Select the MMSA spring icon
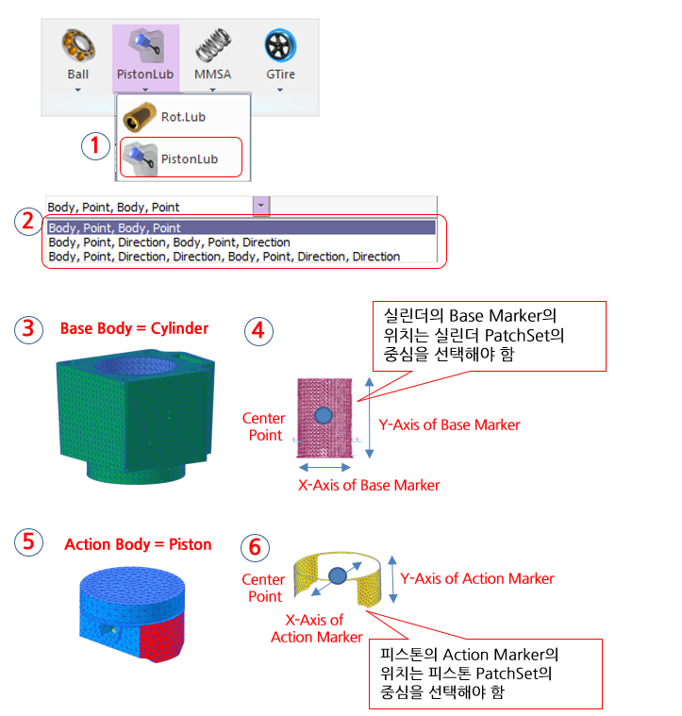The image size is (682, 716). pyautogui.click(x=212, y=46)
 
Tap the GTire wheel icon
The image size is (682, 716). pyautogui.click(x=280, y=46)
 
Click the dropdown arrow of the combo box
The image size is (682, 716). pyautogui.click(x=261, y=206)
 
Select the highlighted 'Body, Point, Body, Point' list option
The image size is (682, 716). pyautogui.click(x=114, y=227)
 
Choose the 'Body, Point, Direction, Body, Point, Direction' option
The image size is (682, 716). pyautogui.click(x=169, y=242)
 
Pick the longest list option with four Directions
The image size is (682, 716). pyautogui.click(x=224, y=256)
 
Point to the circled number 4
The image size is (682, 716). pyautogui.click(x=258, y=332)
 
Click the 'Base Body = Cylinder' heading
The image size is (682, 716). pyautogui.click(x=134, y=329)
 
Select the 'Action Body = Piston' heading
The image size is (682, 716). pyautogui.click(x=138, y=544)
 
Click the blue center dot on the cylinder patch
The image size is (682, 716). pyautogui.click(x=324, y=415)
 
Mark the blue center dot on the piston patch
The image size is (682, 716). pyautogui.click(x=337, y=574)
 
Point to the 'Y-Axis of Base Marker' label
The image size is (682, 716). pyautogui.click(x=449, y=425)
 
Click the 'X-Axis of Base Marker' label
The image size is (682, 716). pyautogui.click(x=369, y=485)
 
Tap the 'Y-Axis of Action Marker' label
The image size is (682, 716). pyautogui.click(x=477, y=578)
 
